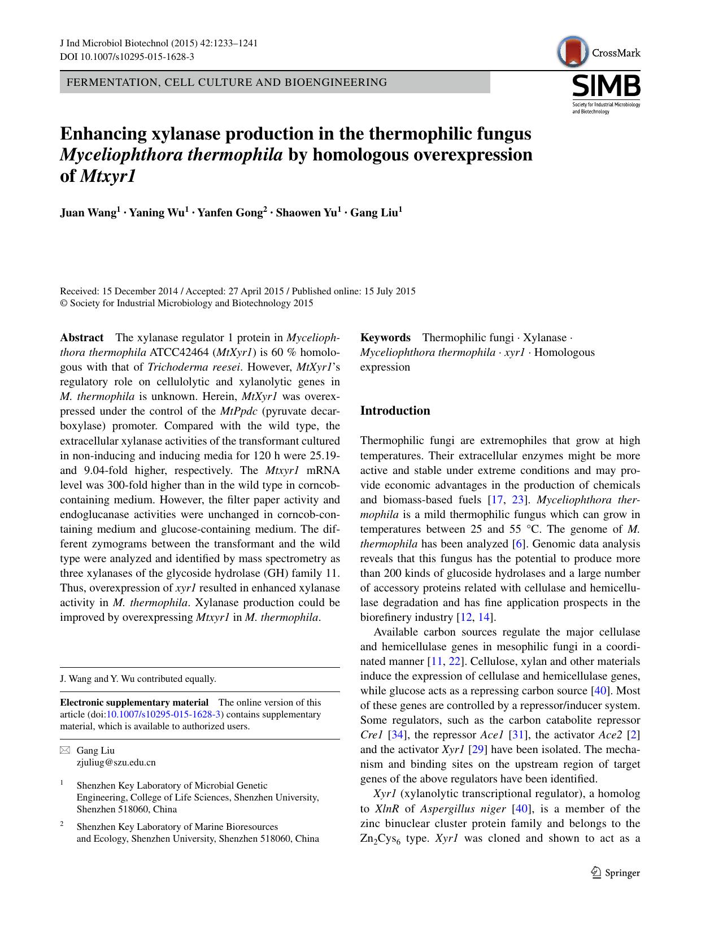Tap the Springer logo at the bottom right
[x=615, y=873]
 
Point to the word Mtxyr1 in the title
[x=108, y=176]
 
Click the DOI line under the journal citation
[x=127, y=57]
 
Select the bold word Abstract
[x=82, y=338]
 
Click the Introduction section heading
[x=395, y=411]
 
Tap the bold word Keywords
[x=385, y=338]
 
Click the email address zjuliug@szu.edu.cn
[x=116, y=762]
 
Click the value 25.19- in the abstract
[x=322, y=455]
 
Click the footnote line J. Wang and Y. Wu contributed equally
[x=138, y=679]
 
